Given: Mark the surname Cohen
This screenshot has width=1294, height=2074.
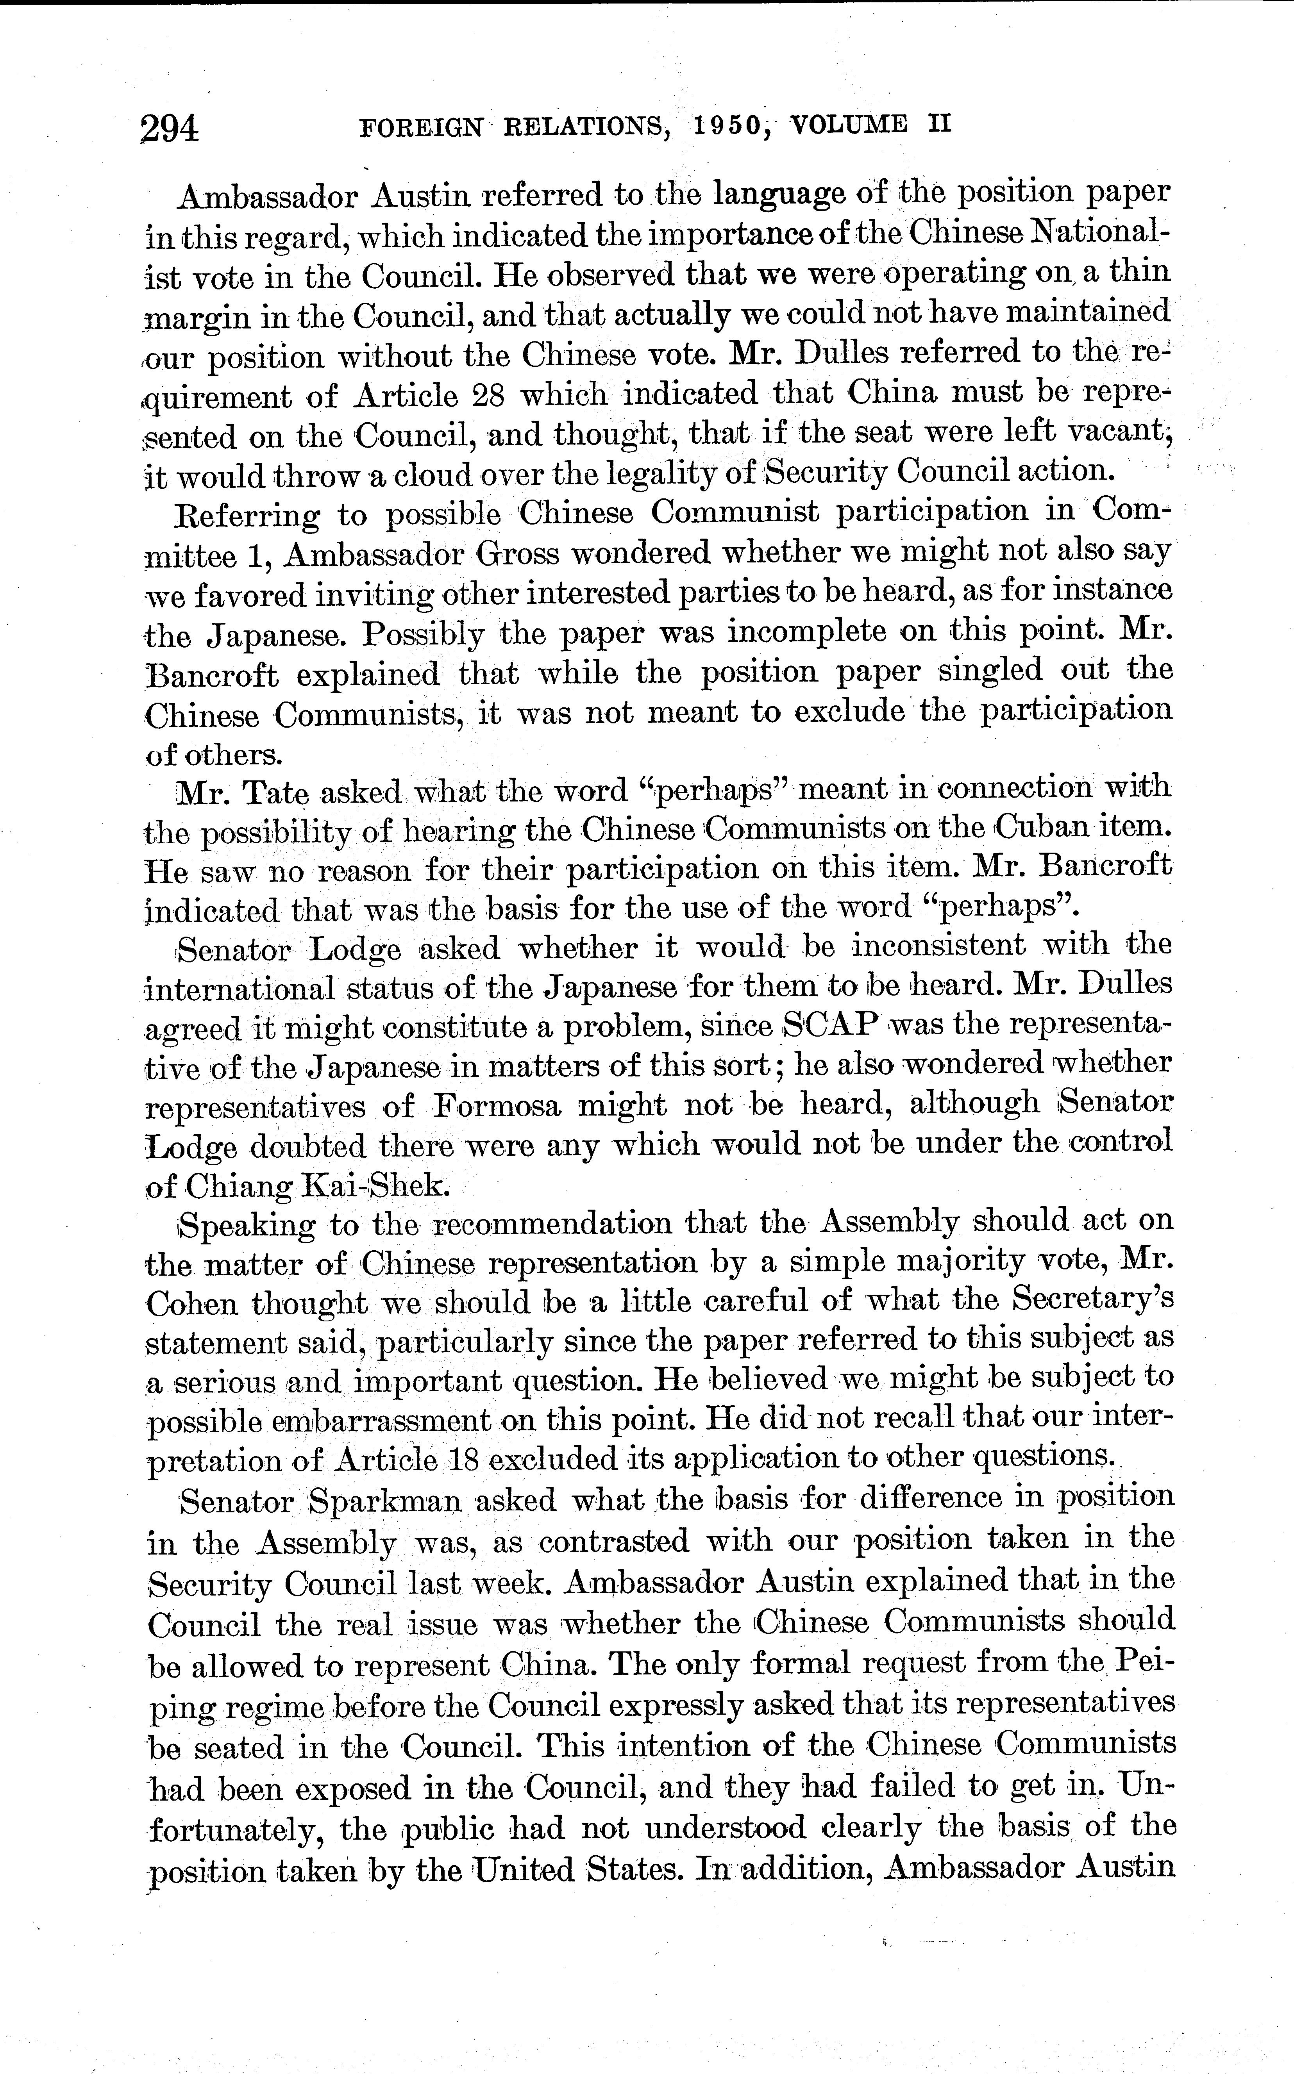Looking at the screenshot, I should tap(191, 1303).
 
